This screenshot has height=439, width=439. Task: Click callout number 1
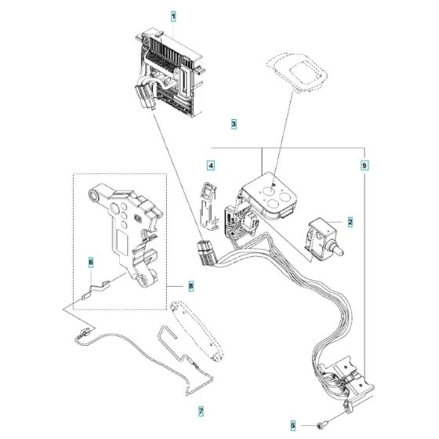click(x=173, y=16)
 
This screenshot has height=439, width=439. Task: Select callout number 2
click(x=350, y=223)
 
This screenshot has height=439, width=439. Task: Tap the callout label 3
click(x=234, y=124)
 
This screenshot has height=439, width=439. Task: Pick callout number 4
click(x=210, y=165)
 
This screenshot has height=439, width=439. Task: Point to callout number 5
click(x=293, y=426)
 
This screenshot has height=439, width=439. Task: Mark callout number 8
click(x=190, y=287)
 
